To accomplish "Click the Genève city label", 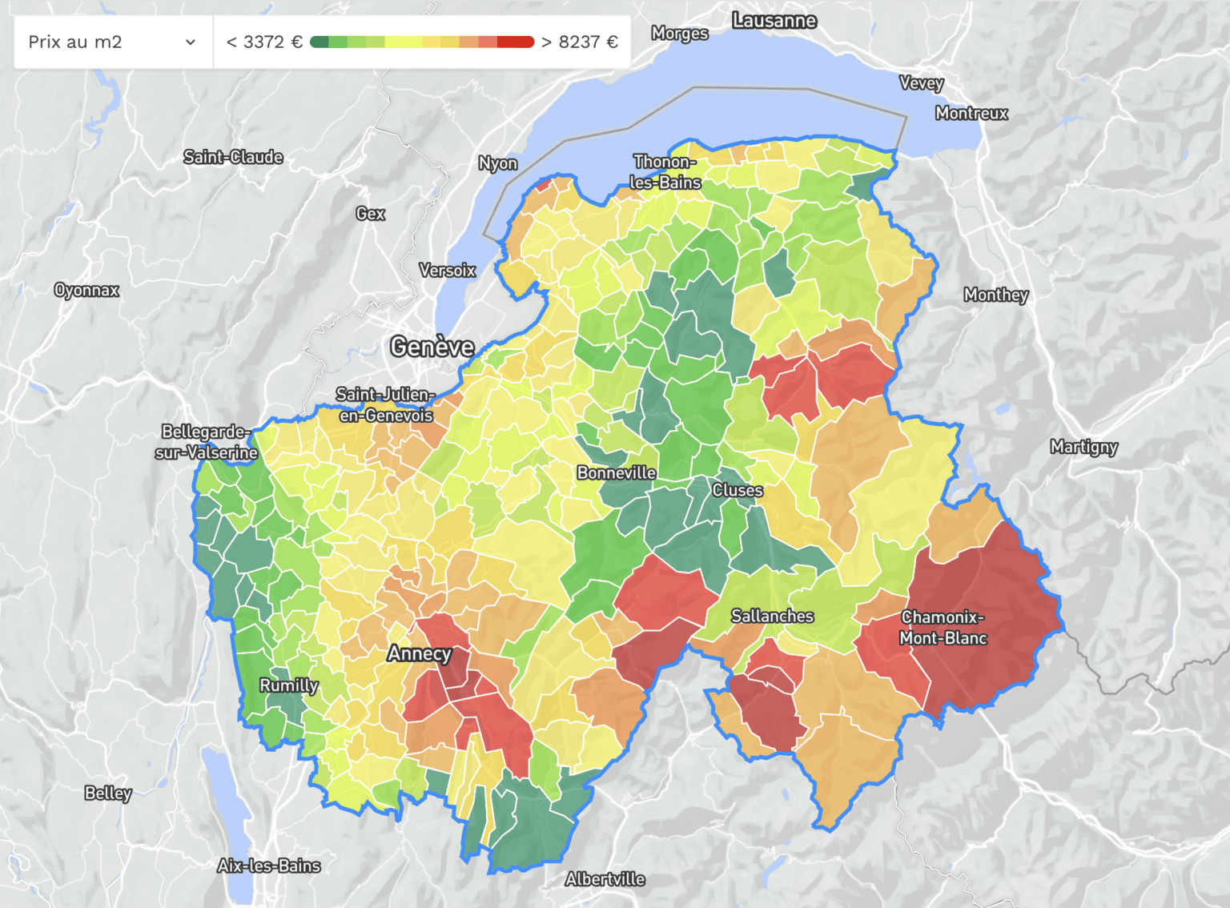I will [432, 347].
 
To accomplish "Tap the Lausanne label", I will [774, 21].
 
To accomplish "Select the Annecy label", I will [419, 653].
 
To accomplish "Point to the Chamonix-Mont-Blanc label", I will [943, 628].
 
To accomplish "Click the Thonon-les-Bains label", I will [665, 172].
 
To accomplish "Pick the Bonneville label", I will [616, 473].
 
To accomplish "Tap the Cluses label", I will [737, 490].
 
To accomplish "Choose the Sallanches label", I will [772, 616].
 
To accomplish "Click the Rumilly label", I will [288, 685].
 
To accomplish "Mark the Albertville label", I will [605, 879].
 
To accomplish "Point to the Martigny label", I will [1083, 447].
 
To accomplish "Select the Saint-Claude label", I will [233, 157].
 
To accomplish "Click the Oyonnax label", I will [86, 290].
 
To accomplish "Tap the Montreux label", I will [971, 113].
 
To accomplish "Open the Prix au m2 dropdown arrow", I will [191, 42].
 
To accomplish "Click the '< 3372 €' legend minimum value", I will [264, 42].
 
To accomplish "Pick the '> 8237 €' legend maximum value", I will [580, 42].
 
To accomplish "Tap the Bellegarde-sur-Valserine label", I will [206, 442].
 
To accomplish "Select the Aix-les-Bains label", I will [268, 866].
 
